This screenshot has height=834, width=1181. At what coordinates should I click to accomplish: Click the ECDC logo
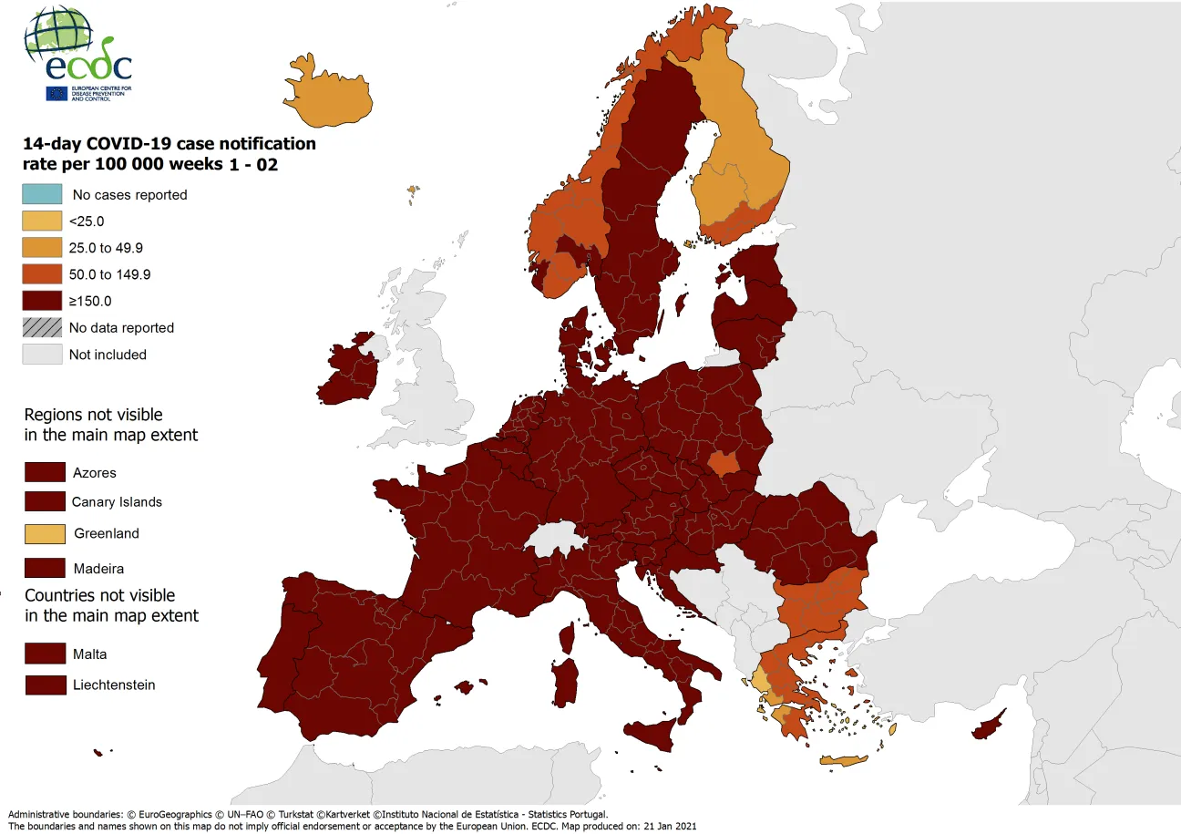[77, 55]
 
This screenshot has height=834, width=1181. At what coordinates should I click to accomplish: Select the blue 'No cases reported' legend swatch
[42, 194]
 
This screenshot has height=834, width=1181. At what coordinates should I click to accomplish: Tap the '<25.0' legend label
[87, 221]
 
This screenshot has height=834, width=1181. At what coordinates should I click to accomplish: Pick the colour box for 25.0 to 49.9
[42, 247]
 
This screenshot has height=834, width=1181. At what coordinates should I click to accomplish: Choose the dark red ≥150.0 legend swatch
[42, 301]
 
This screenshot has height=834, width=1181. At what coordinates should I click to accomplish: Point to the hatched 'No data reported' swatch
[42, 327]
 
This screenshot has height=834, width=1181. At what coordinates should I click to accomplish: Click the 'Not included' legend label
[108, 355]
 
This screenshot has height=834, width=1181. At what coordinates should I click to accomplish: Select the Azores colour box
[45, 472]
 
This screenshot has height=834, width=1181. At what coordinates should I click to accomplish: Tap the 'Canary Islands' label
[117, 501]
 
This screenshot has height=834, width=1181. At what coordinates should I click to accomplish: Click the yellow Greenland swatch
[45, 533]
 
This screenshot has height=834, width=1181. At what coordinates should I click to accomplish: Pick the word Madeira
[98, 568]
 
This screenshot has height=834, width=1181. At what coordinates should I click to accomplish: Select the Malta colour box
[45, 654]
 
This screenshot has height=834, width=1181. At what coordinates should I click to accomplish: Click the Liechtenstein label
[114, 685]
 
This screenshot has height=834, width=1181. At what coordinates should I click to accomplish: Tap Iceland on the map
[333, 96]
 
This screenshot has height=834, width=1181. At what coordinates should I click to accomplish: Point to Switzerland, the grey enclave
[557, 539]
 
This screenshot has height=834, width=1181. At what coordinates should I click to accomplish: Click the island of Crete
[843, 760]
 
